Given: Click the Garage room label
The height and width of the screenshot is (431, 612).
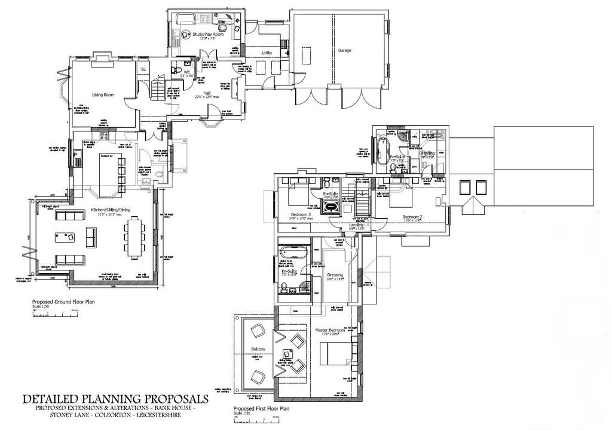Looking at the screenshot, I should [x=344, y=51].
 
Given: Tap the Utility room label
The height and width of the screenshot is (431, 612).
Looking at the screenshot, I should [x=267, y=53].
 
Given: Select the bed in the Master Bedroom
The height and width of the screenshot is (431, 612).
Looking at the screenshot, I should [x=335, y=356].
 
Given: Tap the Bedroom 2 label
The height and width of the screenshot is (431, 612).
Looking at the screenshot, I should [x=412, y=216].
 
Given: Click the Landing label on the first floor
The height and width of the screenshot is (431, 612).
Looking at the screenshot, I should [x=357, y=224].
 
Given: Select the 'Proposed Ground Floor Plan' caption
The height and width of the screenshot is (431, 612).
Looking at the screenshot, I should [x=63, y=302].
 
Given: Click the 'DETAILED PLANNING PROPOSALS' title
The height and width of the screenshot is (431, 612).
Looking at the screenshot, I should [x=115, y=398].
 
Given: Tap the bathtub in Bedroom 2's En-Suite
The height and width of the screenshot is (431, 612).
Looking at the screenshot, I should [x=382, y=150].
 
